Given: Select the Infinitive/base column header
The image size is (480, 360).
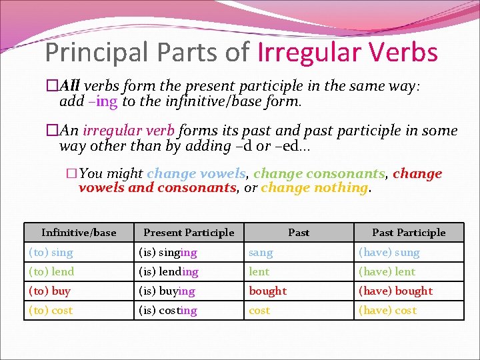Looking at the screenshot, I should [79, 233].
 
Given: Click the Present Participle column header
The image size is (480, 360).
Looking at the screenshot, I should [189, 233].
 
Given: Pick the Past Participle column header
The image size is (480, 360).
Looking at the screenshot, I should [409, 233].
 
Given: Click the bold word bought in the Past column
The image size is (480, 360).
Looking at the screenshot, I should [268, 291].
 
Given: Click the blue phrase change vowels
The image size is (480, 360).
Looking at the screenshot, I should [196, 174].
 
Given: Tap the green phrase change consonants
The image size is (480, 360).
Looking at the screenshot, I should [319, 174].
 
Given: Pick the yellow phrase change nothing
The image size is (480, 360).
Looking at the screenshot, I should [314, 188].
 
